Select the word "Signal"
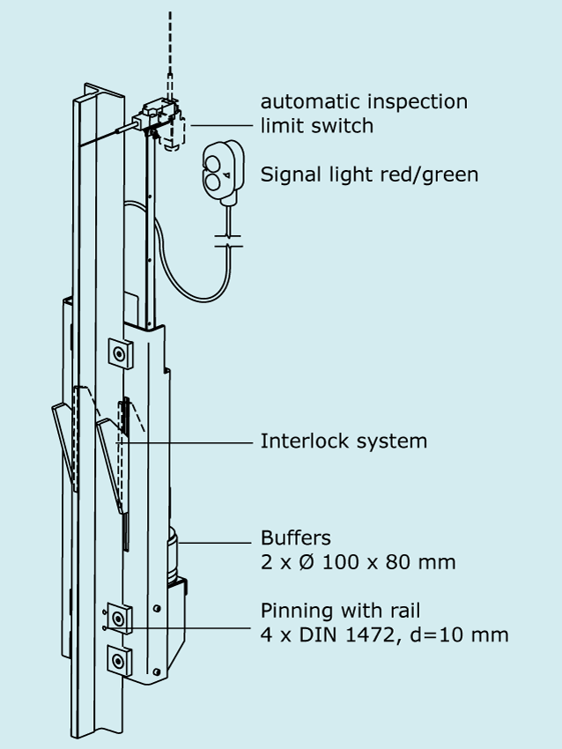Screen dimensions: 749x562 coord(287,174)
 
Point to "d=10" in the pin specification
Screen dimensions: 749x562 coord(438,634)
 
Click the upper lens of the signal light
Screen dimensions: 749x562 coord(214,160)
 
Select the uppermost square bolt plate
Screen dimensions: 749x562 coord(119,353)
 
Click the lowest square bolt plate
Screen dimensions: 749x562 coord(117,658)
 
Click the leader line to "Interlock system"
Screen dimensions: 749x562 coord(189,441)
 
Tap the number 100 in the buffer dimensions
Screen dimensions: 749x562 coord(339,561)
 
